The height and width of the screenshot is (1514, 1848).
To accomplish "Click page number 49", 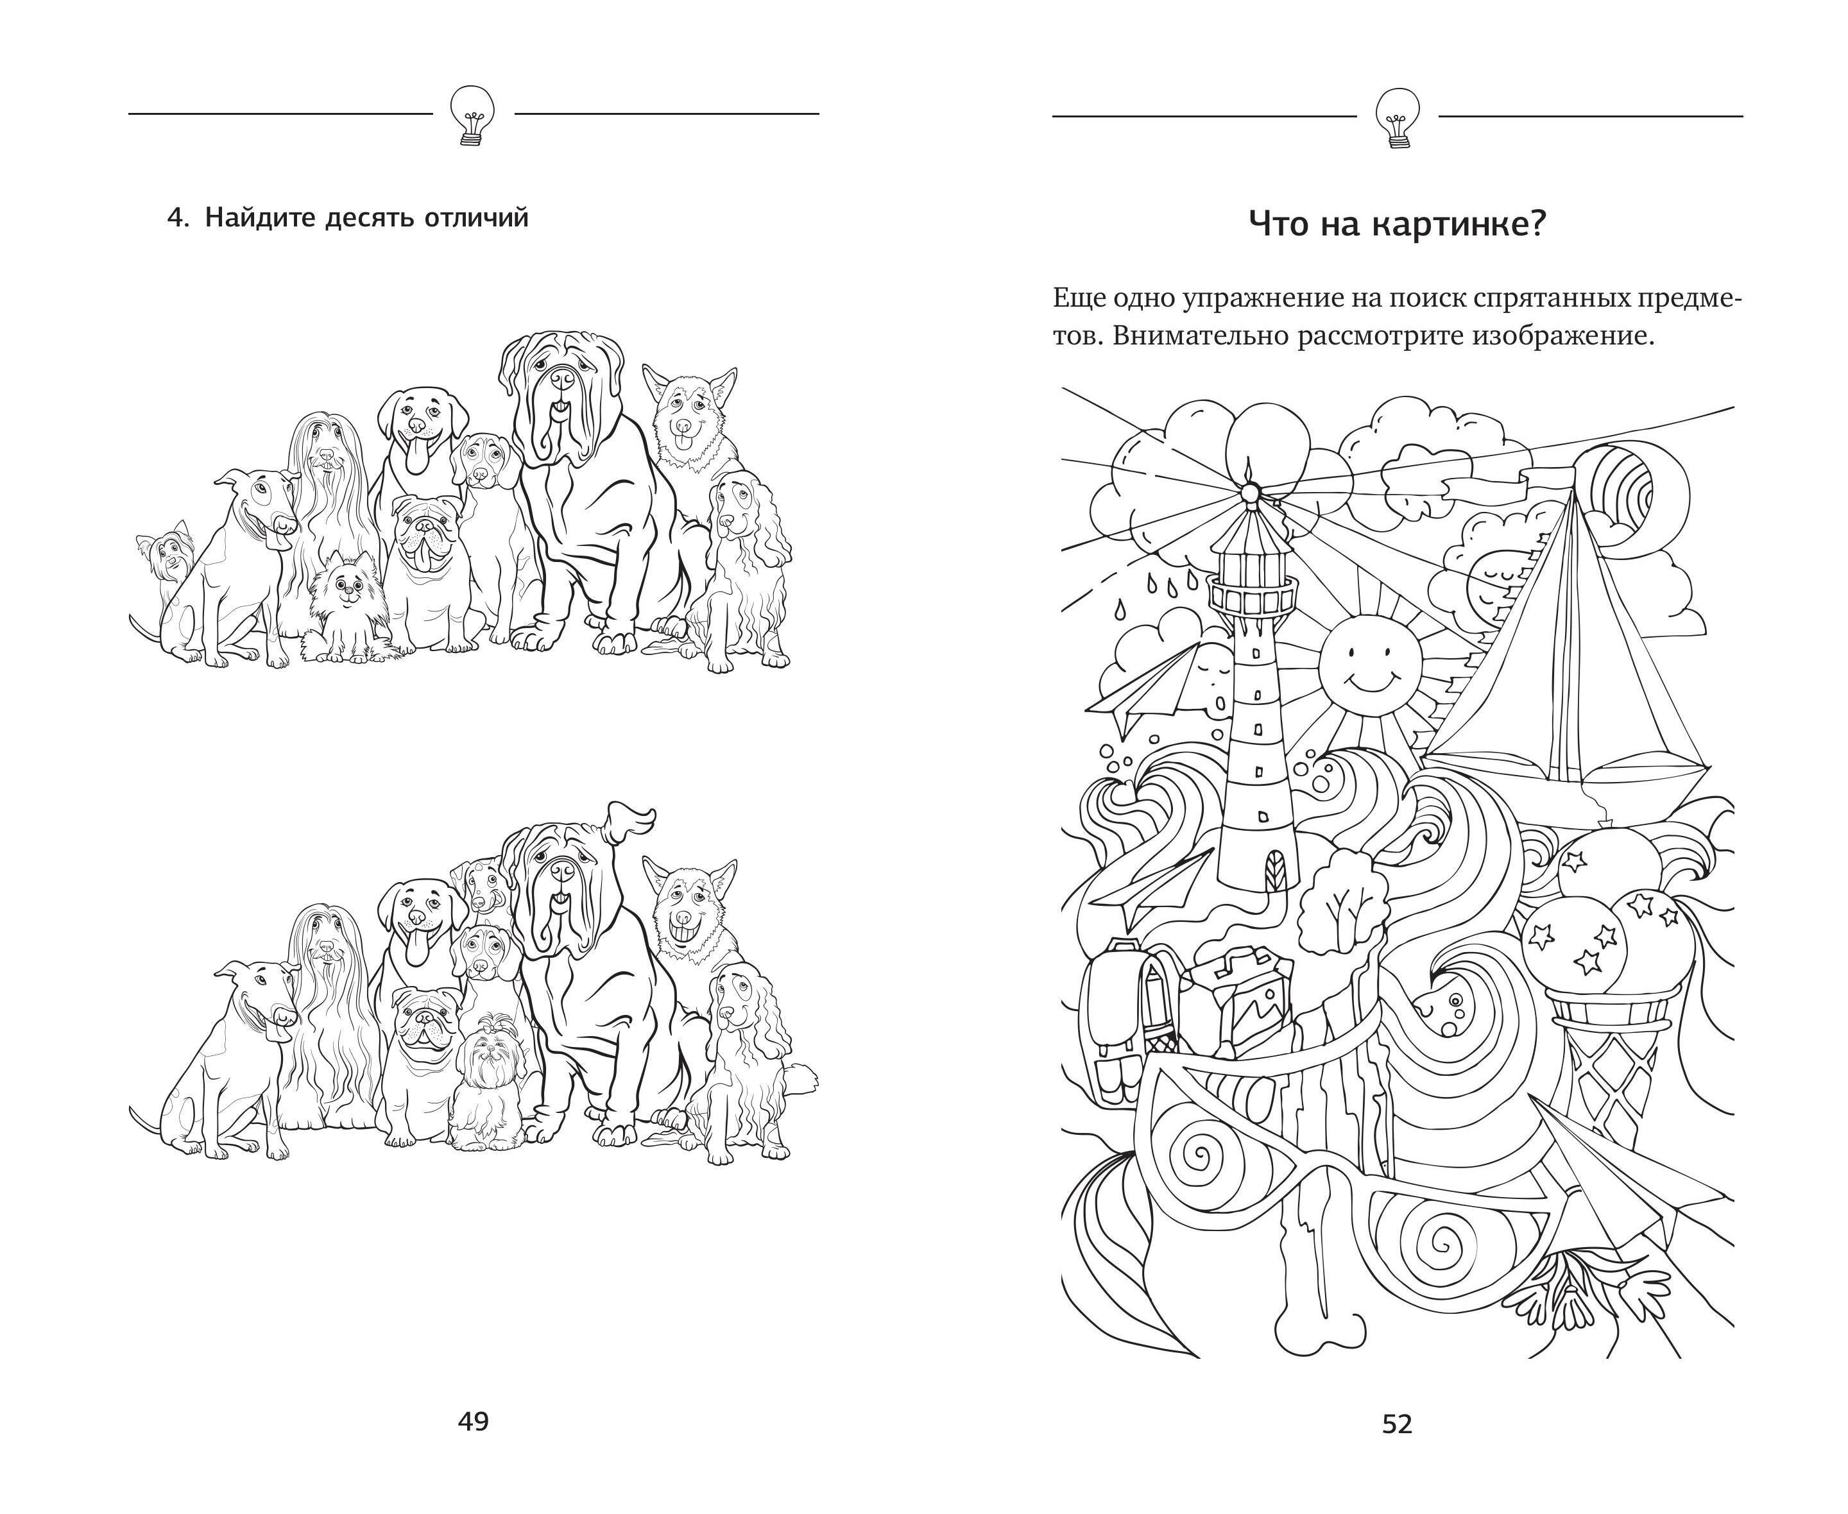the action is point(474,1422).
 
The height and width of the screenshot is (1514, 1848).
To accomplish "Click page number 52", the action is point(1397,1424).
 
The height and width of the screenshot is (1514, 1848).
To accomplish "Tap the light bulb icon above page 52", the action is point(1396,117).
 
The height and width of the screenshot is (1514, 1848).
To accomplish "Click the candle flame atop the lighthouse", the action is point(1248,472).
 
